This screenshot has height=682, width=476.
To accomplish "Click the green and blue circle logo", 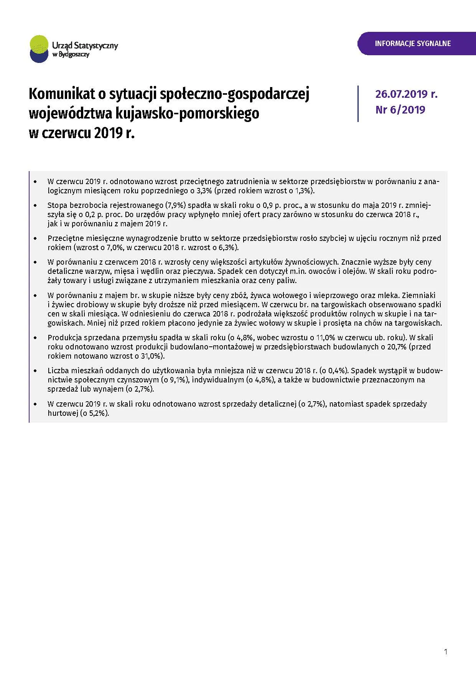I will coord(39,49).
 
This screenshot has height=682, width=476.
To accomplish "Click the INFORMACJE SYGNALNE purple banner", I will coord(413,43).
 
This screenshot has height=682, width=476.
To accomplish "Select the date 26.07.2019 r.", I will coord(406,94).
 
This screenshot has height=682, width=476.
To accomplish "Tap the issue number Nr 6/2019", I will coord(400,110).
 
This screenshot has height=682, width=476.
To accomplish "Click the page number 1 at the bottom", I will coord(445,652).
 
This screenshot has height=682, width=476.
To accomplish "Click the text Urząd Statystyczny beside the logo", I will coord(85,46).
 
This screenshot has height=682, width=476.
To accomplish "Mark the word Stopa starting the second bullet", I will coord(57,205).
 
